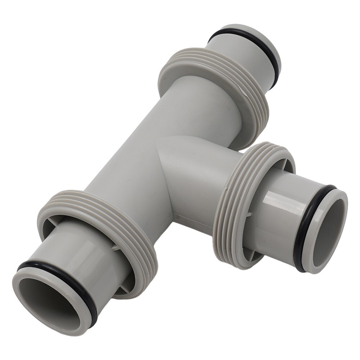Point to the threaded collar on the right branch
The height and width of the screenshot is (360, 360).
(230, 201)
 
